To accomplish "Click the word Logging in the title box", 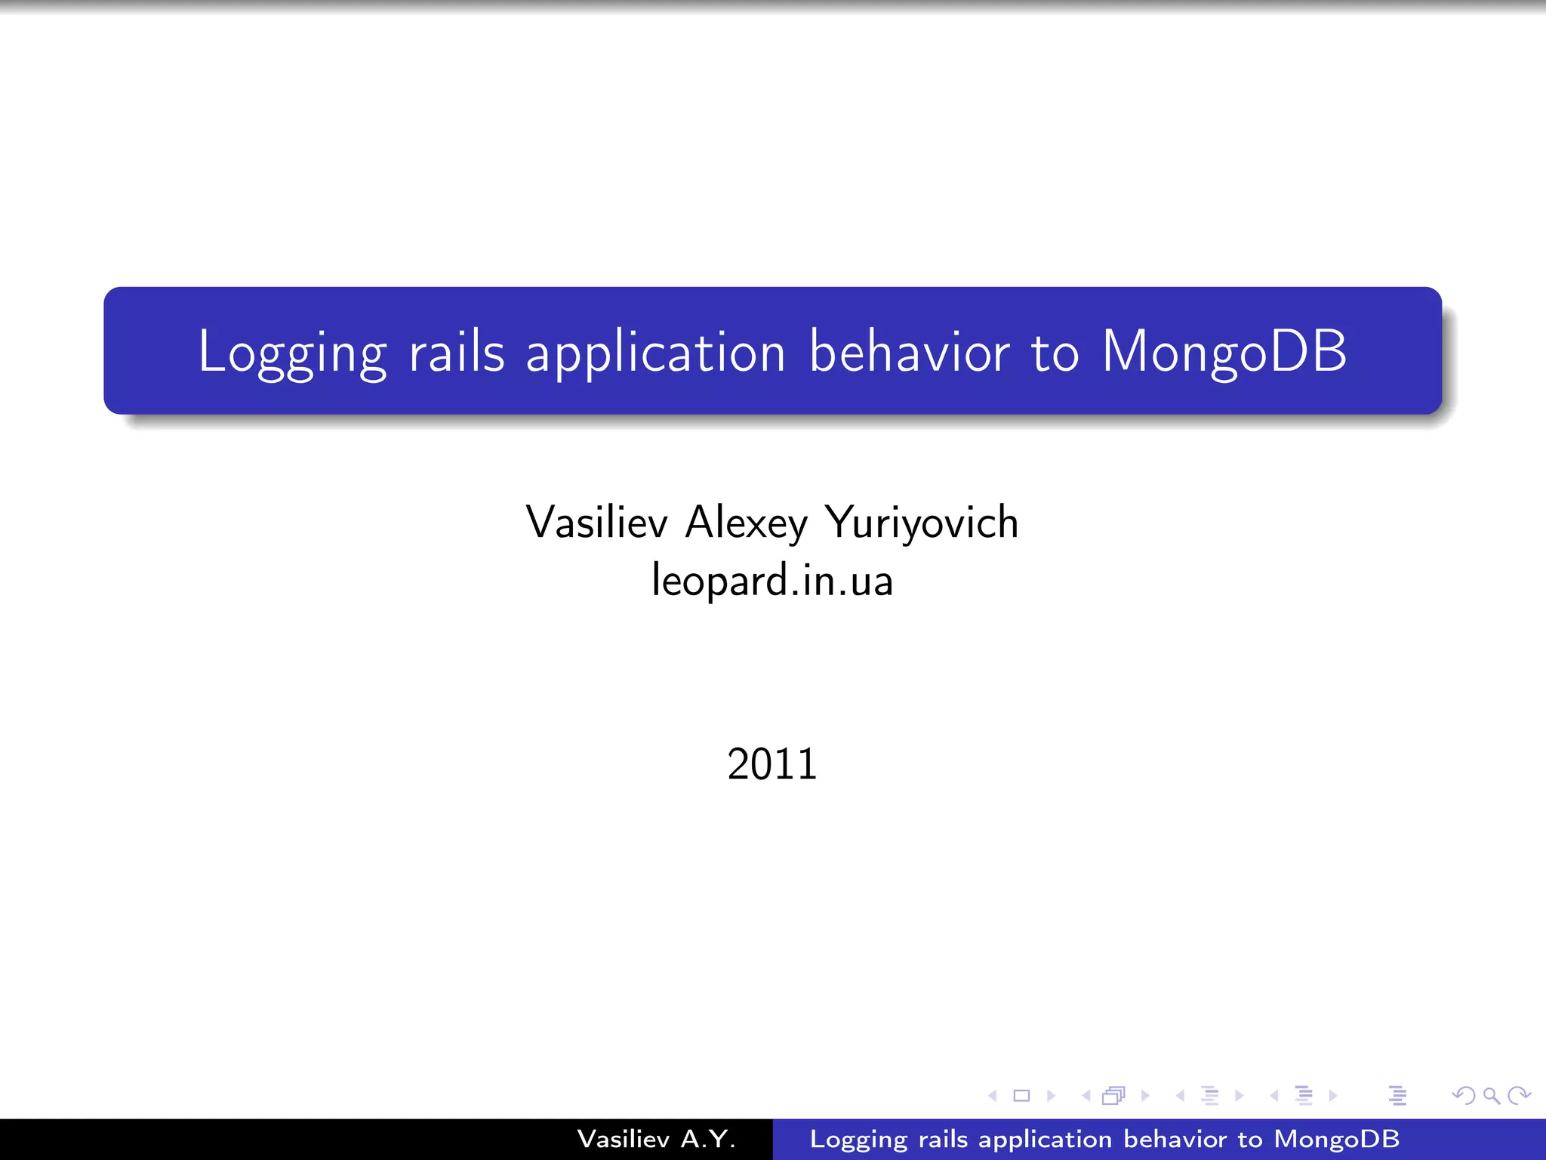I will (292, 352).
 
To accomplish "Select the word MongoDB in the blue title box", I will (1224, 352).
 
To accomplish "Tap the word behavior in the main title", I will (909, 352).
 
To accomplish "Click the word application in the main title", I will (655, 352).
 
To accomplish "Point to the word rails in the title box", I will (456, 352).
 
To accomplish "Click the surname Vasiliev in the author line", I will (596, 523).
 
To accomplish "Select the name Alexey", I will (746, 523).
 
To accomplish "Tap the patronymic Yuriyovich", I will (921, 523).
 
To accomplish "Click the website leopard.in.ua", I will (772, 580).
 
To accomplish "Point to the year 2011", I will (772, 764).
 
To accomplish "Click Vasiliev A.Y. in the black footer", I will (656, 1139).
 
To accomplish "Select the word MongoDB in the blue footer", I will (1336, 1139).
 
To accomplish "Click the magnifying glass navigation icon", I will (1491, 1095).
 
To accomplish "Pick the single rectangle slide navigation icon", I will (1021, 1095).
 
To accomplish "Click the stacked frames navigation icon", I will (1113, 1095).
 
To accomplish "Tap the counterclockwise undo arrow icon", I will (1463, 1095).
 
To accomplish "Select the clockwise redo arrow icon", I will (1519, 1095).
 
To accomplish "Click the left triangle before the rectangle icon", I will (993, 1095).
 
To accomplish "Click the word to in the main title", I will (1055, 352).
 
